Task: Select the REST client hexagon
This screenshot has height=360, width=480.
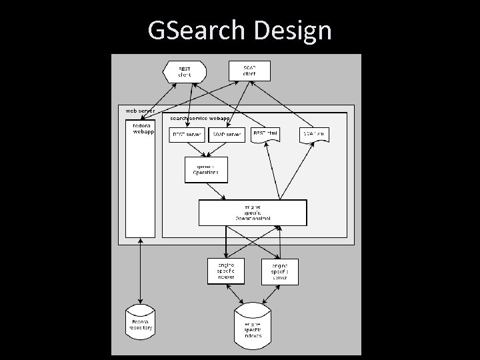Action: [184, 71]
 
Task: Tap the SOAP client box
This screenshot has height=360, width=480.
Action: [249, 70]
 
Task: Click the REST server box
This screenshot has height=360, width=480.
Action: [187, 135]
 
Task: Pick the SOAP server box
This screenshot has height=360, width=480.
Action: [227, 135]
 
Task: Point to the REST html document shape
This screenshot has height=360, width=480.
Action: [265, 135]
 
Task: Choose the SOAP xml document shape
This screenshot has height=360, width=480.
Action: [314, 135]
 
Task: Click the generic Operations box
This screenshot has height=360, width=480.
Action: [205, 169]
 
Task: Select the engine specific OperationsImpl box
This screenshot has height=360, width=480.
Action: [253, 213]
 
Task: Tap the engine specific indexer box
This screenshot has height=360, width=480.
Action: [225, 271]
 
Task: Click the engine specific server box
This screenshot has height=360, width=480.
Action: [279, 271]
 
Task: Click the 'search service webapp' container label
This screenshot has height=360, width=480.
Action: [199, 117]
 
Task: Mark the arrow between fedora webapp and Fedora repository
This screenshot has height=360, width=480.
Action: [141, 273]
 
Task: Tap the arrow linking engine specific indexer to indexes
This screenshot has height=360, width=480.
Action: [234, 293]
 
